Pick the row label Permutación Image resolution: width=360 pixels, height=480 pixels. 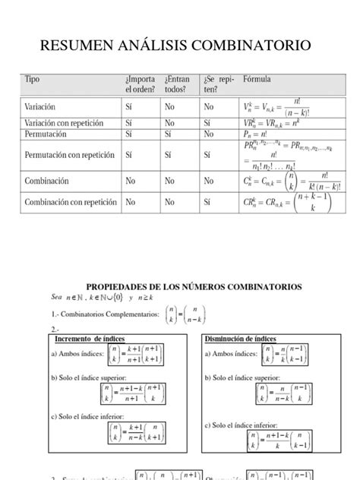coord(50,134)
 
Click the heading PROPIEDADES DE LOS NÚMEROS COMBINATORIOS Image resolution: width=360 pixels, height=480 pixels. coord(194,286)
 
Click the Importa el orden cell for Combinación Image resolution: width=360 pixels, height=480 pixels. coord(131,182)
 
